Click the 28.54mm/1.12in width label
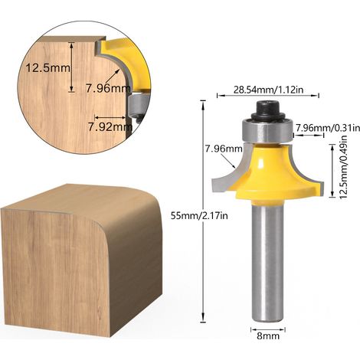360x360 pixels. (268, 90)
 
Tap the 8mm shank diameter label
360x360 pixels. (268, 335)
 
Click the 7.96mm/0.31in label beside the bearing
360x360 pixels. (328, 128)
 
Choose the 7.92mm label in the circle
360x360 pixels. (110, 127)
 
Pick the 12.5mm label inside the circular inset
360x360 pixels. (47, 68)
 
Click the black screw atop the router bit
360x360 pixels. (267, 110)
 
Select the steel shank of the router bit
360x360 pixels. (267, 262)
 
